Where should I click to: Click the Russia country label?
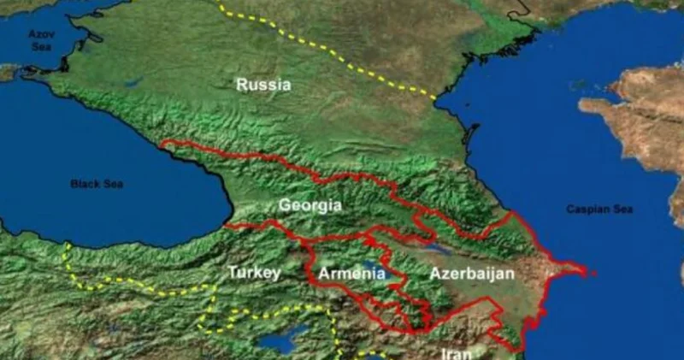(x=263, y=85)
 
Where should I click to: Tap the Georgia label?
(x=310, y=206)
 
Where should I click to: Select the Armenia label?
(x=351, y=274)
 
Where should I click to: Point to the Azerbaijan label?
(x=472, y=274)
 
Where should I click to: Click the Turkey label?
(x=254, y=273)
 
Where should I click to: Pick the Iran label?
(x=457, y=352)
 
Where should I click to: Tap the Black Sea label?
(x=97, y=184)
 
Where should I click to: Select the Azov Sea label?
(x=40, y=38)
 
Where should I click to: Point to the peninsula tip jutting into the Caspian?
(x=584, y=273)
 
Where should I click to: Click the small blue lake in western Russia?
(x=133, y=83)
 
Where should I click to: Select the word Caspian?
(x=586, y=210)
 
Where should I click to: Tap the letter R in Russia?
(x=242, y=85)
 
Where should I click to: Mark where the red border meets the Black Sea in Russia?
(x=162, y=144)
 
